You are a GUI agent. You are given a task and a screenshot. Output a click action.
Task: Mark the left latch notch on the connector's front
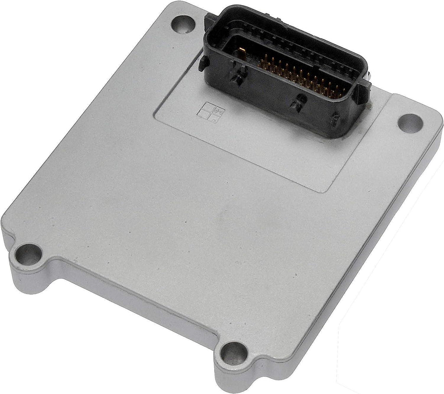(x=237, y=78)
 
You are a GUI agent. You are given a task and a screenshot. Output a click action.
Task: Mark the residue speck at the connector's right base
(x=368, y=104)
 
